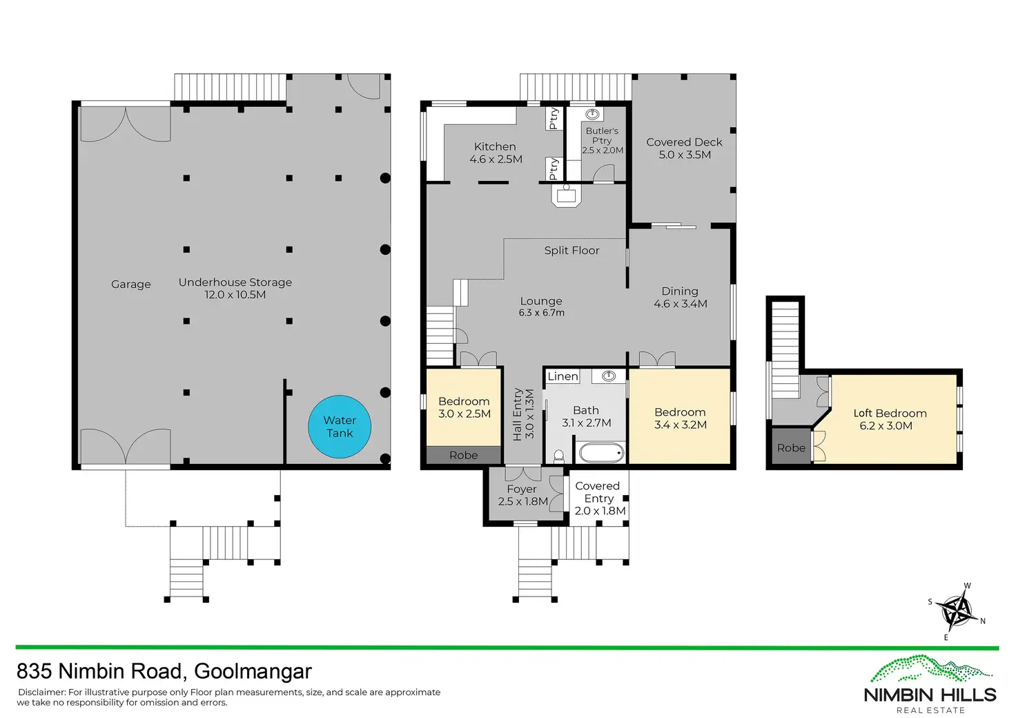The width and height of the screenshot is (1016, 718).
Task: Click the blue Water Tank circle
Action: (340, 427)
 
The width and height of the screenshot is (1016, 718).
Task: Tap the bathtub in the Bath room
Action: (601, 453)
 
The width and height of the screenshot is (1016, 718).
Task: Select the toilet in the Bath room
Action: (559, 456)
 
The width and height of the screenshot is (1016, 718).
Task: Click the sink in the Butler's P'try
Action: (592, 115)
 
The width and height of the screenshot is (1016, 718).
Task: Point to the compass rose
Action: (959, 612)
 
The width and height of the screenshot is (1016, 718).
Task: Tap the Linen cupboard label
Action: (563, 376)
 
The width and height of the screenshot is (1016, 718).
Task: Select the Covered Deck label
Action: (684, 148)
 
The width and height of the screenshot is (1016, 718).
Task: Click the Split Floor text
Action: (571, 251)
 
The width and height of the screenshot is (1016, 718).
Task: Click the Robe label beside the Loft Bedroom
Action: (791, 448)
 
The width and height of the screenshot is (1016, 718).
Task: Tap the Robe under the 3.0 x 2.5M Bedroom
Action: (464, 456)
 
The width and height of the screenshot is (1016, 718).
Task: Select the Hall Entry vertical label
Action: (523, 414)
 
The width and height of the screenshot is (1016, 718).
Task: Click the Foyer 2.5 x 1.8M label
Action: (522, 495)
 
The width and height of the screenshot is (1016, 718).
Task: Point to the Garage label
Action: (130, 284)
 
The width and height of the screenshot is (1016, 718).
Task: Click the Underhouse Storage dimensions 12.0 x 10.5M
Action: (235, 295)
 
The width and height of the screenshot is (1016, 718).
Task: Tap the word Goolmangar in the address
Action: (253, 671)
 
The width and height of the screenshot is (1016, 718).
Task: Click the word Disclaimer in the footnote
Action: (41, 692)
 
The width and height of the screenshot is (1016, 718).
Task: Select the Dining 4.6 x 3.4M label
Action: (680, 298)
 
